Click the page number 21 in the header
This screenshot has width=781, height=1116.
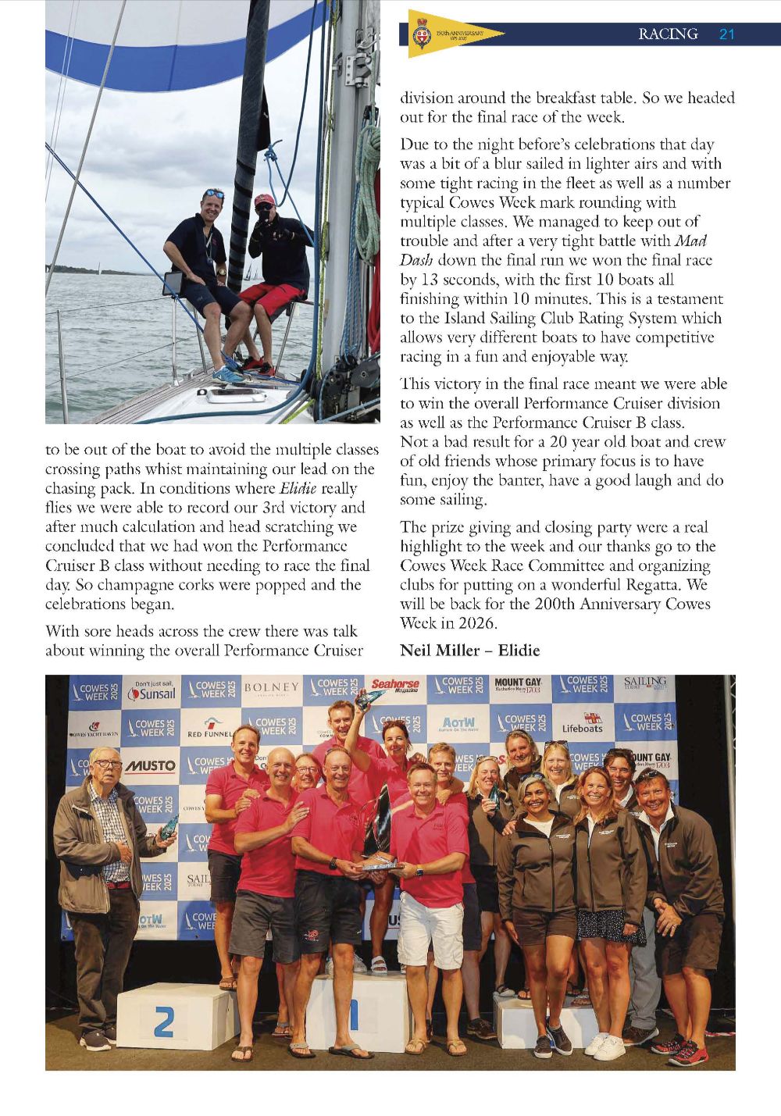coord(726,34)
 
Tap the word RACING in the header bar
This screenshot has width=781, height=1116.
coord(668,34)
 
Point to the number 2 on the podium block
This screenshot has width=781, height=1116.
coord(164,1022)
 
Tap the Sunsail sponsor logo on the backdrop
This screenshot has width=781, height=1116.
coord(152,691)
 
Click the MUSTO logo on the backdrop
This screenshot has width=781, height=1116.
coord(150,766)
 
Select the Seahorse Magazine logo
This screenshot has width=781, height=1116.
coord(395,686)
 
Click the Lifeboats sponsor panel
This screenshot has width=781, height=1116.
coord(583,724)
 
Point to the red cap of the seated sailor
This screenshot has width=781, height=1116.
coord(265,200)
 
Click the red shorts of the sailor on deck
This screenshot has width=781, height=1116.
coord(269,298)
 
